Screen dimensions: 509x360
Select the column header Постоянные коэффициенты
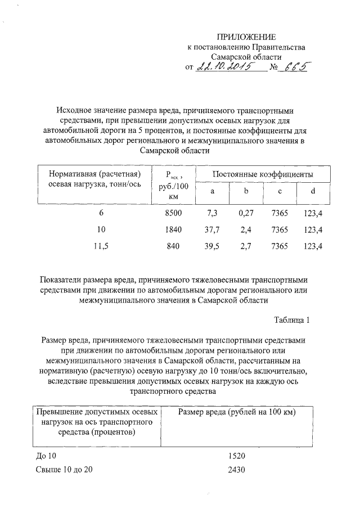click(x=263, y=175)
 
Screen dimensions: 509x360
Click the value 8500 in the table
click(x=174, y=213)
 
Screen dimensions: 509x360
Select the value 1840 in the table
click(x=174, y=229)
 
